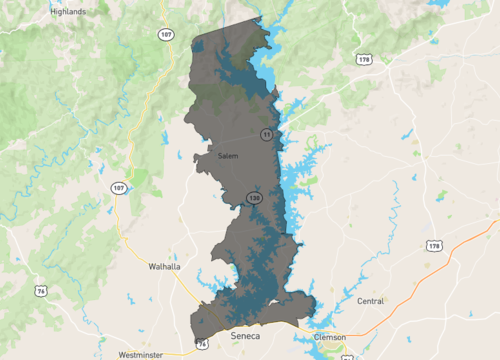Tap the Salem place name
pos(228,156)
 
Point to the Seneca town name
pos(245,335)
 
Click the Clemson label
pos(329,337)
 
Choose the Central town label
pos(370,300)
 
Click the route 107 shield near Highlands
pos(163,34)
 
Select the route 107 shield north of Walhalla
pos(119,188)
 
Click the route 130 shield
pos(255,198)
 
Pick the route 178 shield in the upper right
pos(363,60)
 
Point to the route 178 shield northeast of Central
pos(433,245)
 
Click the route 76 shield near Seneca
pos(202,344)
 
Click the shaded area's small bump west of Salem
pos(198,157)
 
